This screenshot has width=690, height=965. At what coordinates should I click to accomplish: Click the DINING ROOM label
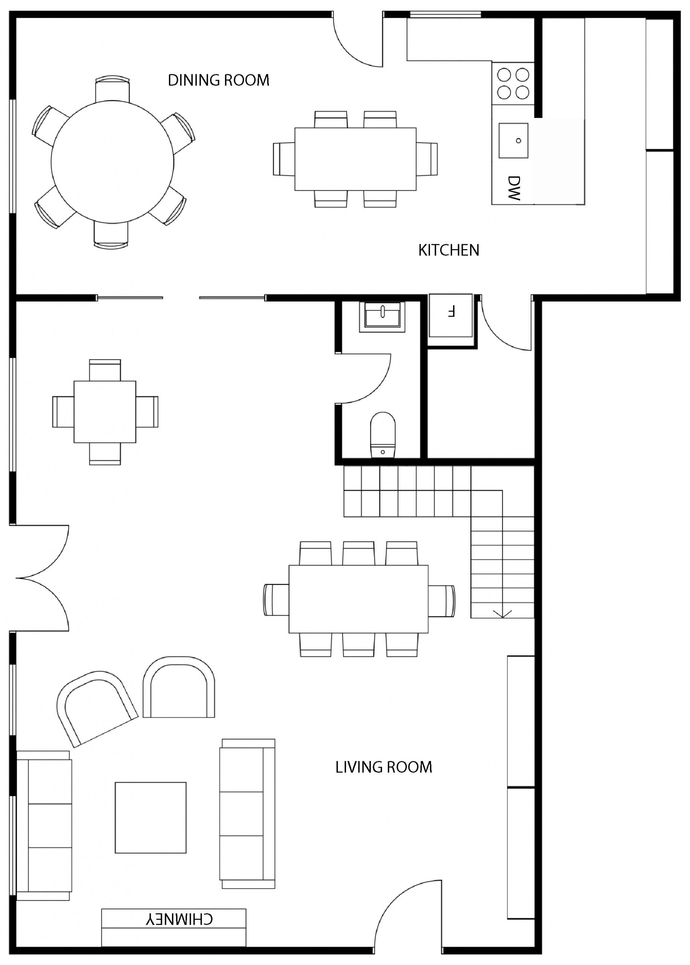point(219,80)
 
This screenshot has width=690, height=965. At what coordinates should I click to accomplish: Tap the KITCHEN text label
point(449,250)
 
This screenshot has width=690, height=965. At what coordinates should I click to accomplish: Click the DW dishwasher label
point(514,188)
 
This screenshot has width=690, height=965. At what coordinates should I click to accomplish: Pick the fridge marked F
point(451,315)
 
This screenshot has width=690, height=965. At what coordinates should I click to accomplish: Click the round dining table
point(113,161)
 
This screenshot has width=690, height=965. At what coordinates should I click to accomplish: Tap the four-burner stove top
point(513,84)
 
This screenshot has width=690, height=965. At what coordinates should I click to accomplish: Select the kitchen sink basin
point(513,141)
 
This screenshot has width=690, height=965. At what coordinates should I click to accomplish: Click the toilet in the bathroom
point(383,435)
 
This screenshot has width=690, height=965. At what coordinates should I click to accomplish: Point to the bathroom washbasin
point(382,317)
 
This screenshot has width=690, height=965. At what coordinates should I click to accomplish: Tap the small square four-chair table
point(105,412)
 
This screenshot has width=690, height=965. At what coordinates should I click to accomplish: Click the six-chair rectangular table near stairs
point(359,599)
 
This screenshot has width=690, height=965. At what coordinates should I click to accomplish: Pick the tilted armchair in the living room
point(97,708)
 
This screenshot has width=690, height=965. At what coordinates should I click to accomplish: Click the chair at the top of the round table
point(112,89)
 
